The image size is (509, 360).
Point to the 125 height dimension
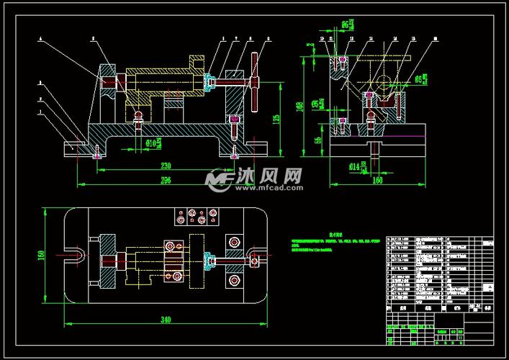coord(276,119)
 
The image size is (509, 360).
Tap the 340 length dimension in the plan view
coord(166,320)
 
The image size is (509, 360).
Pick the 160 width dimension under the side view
coord(377,181)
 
